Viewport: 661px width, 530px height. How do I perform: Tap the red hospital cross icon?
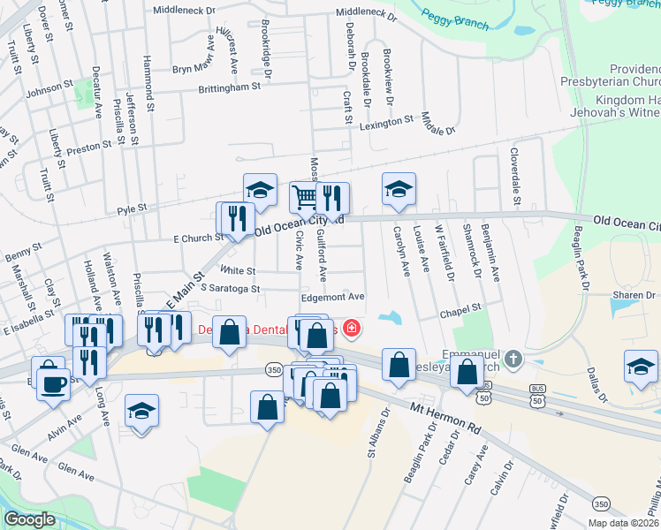click(x=353, y=329)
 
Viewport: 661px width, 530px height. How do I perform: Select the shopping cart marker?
click(x=304, y=197)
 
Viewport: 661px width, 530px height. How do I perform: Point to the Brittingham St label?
click(x=229, y=87)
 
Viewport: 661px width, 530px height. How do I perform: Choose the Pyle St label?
click(x=131, y=208)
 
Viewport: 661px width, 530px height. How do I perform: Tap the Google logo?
click(x=29, y=519)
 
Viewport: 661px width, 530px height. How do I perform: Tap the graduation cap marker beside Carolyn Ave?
click(x=399, y=189)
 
